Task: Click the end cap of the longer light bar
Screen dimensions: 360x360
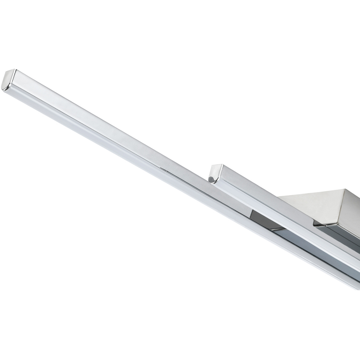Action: click(x=8, y=80)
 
